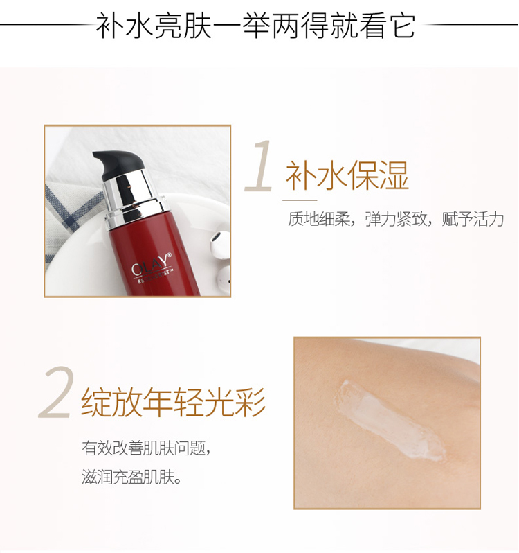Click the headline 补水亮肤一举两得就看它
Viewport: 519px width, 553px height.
pyautogui.click(x=255, y=26)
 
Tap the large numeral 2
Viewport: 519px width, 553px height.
pyautogui.click(x=56, y=392)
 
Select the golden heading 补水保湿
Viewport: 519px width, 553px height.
pyautogui.click(x=347, y=175)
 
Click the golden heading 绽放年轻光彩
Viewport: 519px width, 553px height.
pyautogui.click(x=173, y=402)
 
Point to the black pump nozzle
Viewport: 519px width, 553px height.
pyautogui.click(x=113, y=164)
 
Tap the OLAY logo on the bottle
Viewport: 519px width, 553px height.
pyautogui.click(x=150, y=267)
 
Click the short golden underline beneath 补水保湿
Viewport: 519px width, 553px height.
pyautogui.click(x=300, y=200)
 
